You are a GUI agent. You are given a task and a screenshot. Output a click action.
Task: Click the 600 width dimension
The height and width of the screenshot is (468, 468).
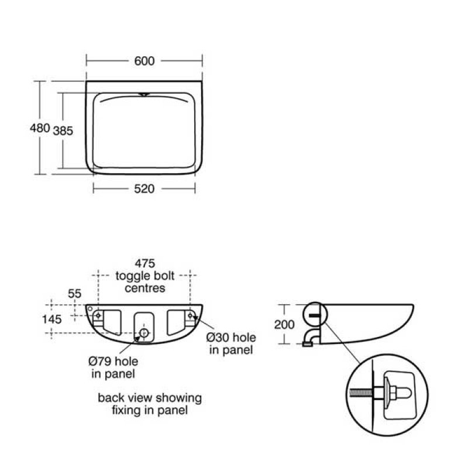pos(144,61)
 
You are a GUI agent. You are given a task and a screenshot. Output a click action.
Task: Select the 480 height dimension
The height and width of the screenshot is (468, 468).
pos(40,128)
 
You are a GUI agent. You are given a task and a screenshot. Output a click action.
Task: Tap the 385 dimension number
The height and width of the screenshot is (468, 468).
pos(63,131)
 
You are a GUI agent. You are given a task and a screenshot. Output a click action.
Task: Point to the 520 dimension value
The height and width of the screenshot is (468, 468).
pos(144,188)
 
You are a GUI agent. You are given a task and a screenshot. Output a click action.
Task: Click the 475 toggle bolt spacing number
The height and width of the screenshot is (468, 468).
pos(145,263)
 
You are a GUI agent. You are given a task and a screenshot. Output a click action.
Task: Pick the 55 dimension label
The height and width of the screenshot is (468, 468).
pos(75,294)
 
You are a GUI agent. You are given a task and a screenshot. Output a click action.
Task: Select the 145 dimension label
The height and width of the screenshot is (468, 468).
pos(52,319)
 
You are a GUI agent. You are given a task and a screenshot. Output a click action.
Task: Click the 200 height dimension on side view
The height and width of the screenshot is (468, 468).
pos(284,325)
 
